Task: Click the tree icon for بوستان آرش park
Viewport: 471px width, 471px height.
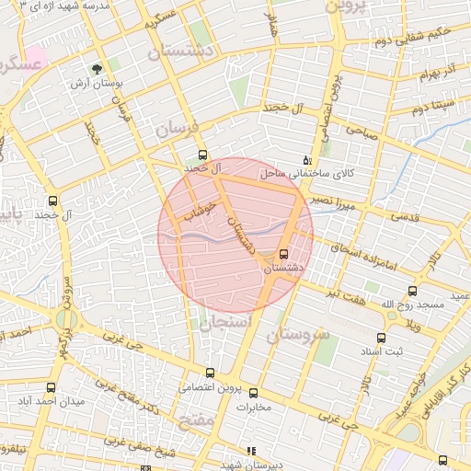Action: [96, 68]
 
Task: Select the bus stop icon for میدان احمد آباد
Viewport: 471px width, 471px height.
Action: [52, 388]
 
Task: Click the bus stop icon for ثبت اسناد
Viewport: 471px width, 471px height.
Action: [381, 338]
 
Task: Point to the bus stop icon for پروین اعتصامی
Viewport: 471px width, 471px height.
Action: [211, 373]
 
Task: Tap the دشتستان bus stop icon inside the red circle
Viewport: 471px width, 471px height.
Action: [282, 253]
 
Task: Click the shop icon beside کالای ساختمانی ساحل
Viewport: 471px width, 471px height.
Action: [306, 159]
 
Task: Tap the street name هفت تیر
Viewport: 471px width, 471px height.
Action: [346, 293]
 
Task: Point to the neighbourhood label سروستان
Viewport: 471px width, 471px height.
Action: [298, 335]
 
